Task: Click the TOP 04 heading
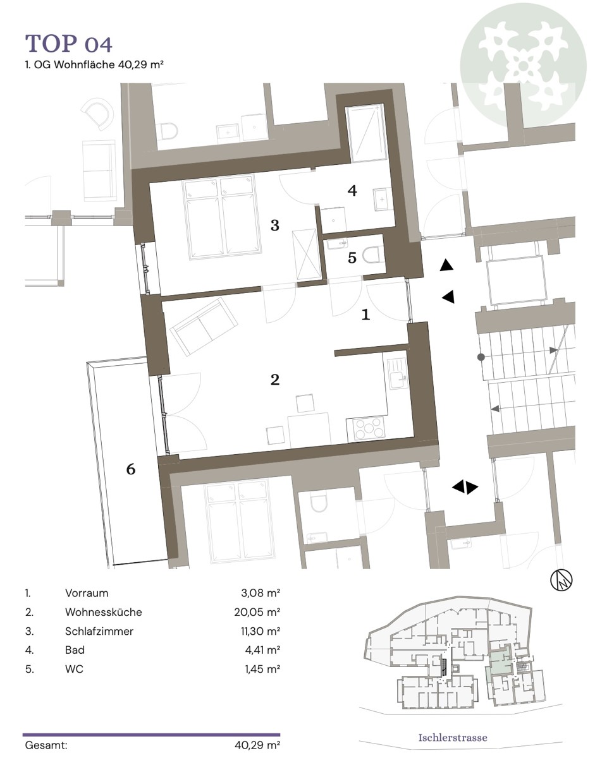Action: pos(69,44)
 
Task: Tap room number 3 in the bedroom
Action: pos(275,226)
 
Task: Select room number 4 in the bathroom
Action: pos(352,191)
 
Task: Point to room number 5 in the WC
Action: pos(353,258)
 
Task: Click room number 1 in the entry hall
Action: pos(365,314)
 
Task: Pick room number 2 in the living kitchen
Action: pos(275,380)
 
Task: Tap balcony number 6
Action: pos(131,469)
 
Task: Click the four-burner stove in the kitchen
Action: pos(366,430)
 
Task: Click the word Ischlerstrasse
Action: pos(453,737)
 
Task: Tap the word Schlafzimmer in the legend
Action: pos(99,631)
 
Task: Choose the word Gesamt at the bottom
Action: pos(46,745)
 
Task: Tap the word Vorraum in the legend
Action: pos(87,593)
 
